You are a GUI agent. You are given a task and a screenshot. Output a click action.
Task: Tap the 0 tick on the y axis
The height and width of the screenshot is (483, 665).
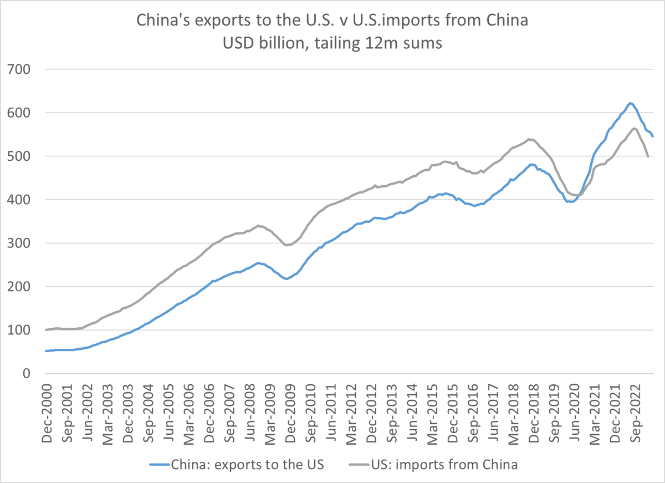[x=24, y=374]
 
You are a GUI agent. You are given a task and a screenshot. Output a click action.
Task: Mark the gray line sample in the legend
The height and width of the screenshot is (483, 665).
[x=357, y=465]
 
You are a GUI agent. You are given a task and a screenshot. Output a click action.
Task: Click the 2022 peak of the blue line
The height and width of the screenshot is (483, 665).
[x=630, y=103]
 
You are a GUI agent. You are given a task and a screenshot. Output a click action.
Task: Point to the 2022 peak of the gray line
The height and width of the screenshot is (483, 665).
[x=634, y=129]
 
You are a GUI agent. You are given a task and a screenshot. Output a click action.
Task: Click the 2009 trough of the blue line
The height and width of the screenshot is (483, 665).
[x=286, y=279]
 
